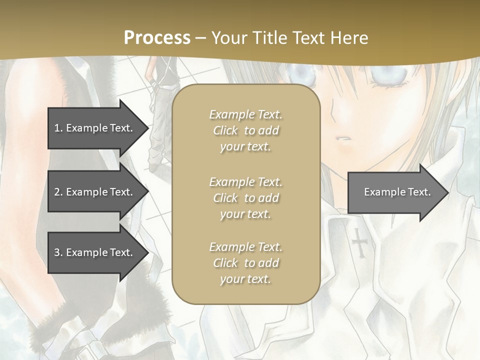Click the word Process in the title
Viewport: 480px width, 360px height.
pyautogui.click(x=157, y=38)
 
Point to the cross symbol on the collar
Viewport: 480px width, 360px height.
pyautogui.click(x=359, y=242)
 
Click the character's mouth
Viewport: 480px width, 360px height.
pyautogui.click(x=341, y=138)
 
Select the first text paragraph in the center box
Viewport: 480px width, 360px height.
pyautogui.click(x=245, y=130)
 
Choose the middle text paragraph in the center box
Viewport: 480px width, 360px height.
pyautogui.click(x=245, y=198)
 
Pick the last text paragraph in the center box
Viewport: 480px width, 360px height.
pyautogui.click(x=245, y=263)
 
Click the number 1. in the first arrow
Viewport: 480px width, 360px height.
pyautogui.click(x=58, y=128)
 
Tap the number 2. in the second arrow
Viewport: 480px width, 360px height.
pyautogui.click(x=58, y=192)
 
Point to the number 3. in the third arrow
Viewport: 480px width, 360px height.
pyautogui.click(x=58, y=253)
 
